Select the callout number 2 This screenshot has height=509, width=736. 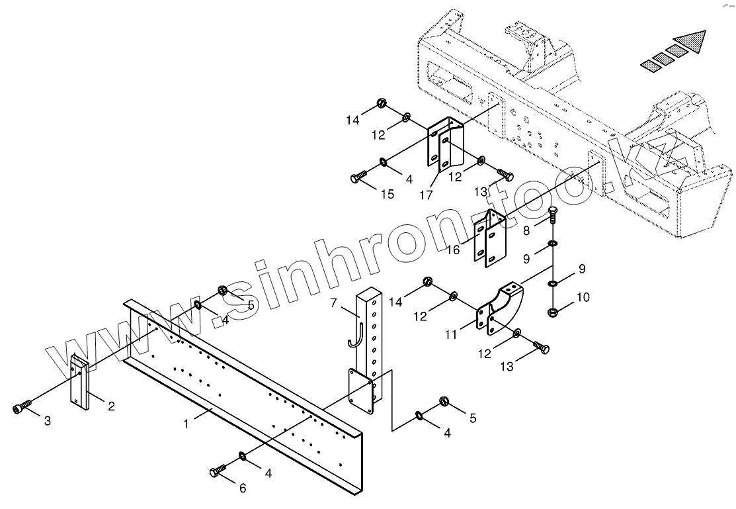[x=111, y=406]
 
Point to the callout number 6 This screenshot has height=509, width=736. [x=243, y=488]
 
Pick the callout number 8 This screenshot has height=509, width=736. [x=527, y=231]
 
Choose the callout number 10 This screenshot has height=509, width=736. [x=582, y=299]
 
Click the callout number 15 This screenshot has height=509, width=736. [x=387, y=194]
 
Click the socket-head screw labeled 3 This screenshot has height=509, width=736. [x=21, y=407]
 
